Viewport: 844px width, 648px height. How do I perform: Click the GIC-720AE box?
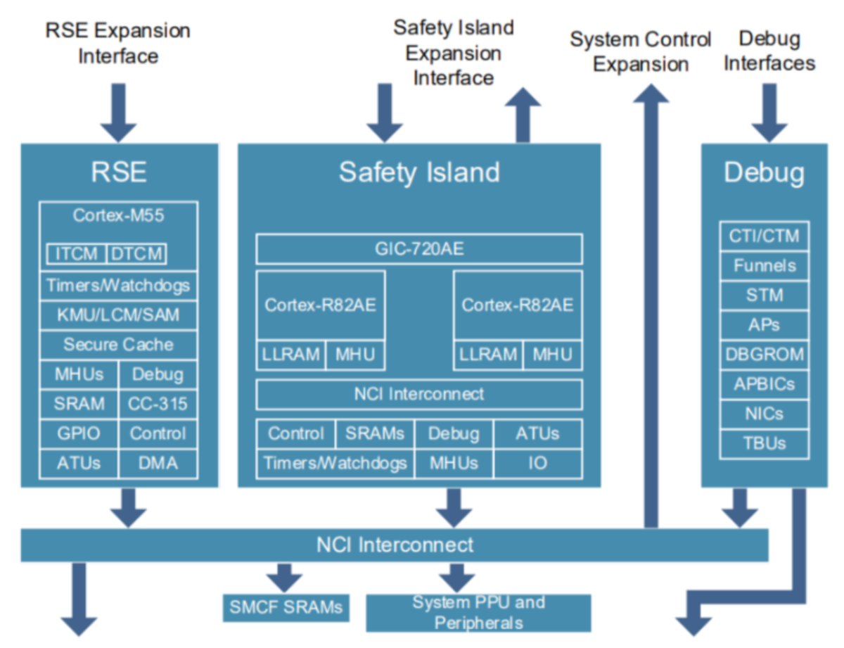click(418, 249)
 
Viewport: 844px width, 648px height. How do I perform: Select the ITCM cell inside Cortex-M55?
click(77, 254)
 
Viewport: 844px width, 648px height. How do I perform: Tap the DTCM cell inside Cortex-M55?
click(136, 254)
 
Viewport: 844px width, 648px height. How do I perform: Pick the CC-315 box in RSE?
click(158, 404)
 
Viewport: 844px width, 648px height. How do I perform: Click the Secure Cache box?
click(118, 345)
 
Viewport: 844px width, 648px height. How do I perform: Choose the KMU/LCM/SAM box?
click(118, 315)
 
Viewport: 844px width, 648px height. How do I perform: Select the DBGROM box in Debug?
click(765, 355)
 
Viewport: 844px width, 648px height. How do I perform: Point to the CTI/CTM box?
click(765, 236)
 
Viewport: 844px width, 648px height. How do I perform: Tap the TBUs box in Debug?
click(765, 443)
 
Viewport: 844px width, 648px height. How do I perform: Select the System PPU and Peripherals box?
click(478, 613)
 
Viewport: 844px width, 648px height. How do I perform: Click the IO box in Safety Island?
click(537, 464)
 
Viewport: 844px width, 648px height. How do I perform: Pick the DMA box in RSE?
click(158, 463)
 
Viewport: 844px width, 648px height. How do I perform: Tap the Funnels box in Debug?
click(765, 266)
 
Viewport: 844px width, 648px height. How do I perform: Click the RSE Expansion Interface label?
click(118, 43)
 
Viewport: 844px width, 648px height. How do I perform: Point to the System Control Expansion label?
click(640, 51)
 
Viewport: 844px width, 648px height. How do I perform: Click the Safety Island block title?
click(419, 172)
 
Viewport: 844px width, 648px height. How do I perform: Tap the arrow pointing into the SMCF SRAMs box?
click(285, 577)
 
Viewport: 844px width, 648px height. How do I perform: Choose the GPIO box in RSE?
click(79, 433)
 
